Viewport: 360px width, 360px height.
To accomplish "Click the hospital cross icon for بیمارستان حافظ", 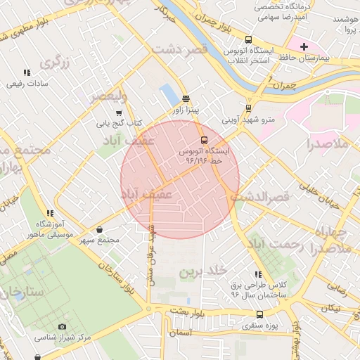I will pyautogui.click(x=304, y=47).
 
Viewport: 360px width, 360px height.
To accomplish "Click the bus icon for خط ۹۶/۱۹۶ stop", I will pyautogui.click(x=204, y=140).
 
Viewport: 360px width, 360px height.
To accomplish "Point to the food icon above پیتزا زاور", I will pyautogui.click(x=186, y=99).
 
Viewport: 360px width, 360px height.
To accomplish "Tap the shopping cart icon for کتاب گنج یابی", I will pyautogui.click(x=118, y=112).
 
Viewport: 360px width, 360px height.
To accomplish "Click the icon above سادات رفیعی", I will pyautogui.click(x=27, y=72).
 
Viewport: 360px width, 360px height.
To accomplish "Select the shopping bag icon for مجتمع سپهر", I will pyautogui.click(x=100, y=229).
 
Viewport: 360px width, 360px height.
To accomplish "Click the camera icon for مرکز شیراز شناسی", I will pyautogui.click(x=62, y=327).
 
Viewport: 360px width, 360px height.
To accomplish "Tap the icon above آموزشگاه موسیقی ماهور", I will pyautogui.click(x=49, y=213).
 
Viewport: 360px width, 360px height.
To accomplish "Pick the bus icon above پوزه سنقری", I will pyautogui.click(x=260, y=315).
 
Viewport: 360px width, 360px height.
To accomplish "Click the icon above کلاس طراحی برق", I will pyautogui.click(x=258, y=274).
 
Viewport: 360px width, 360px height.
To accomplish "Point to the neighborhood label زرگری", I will pyautogui.click(x=56, y=63).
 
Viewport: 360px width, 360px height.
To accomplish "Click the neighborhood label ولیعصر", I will pyautogui.click(x=107, y=96).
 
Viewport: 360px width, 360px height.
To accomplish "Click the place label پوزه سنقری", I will pyautogui.click(x=261, y=326).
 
